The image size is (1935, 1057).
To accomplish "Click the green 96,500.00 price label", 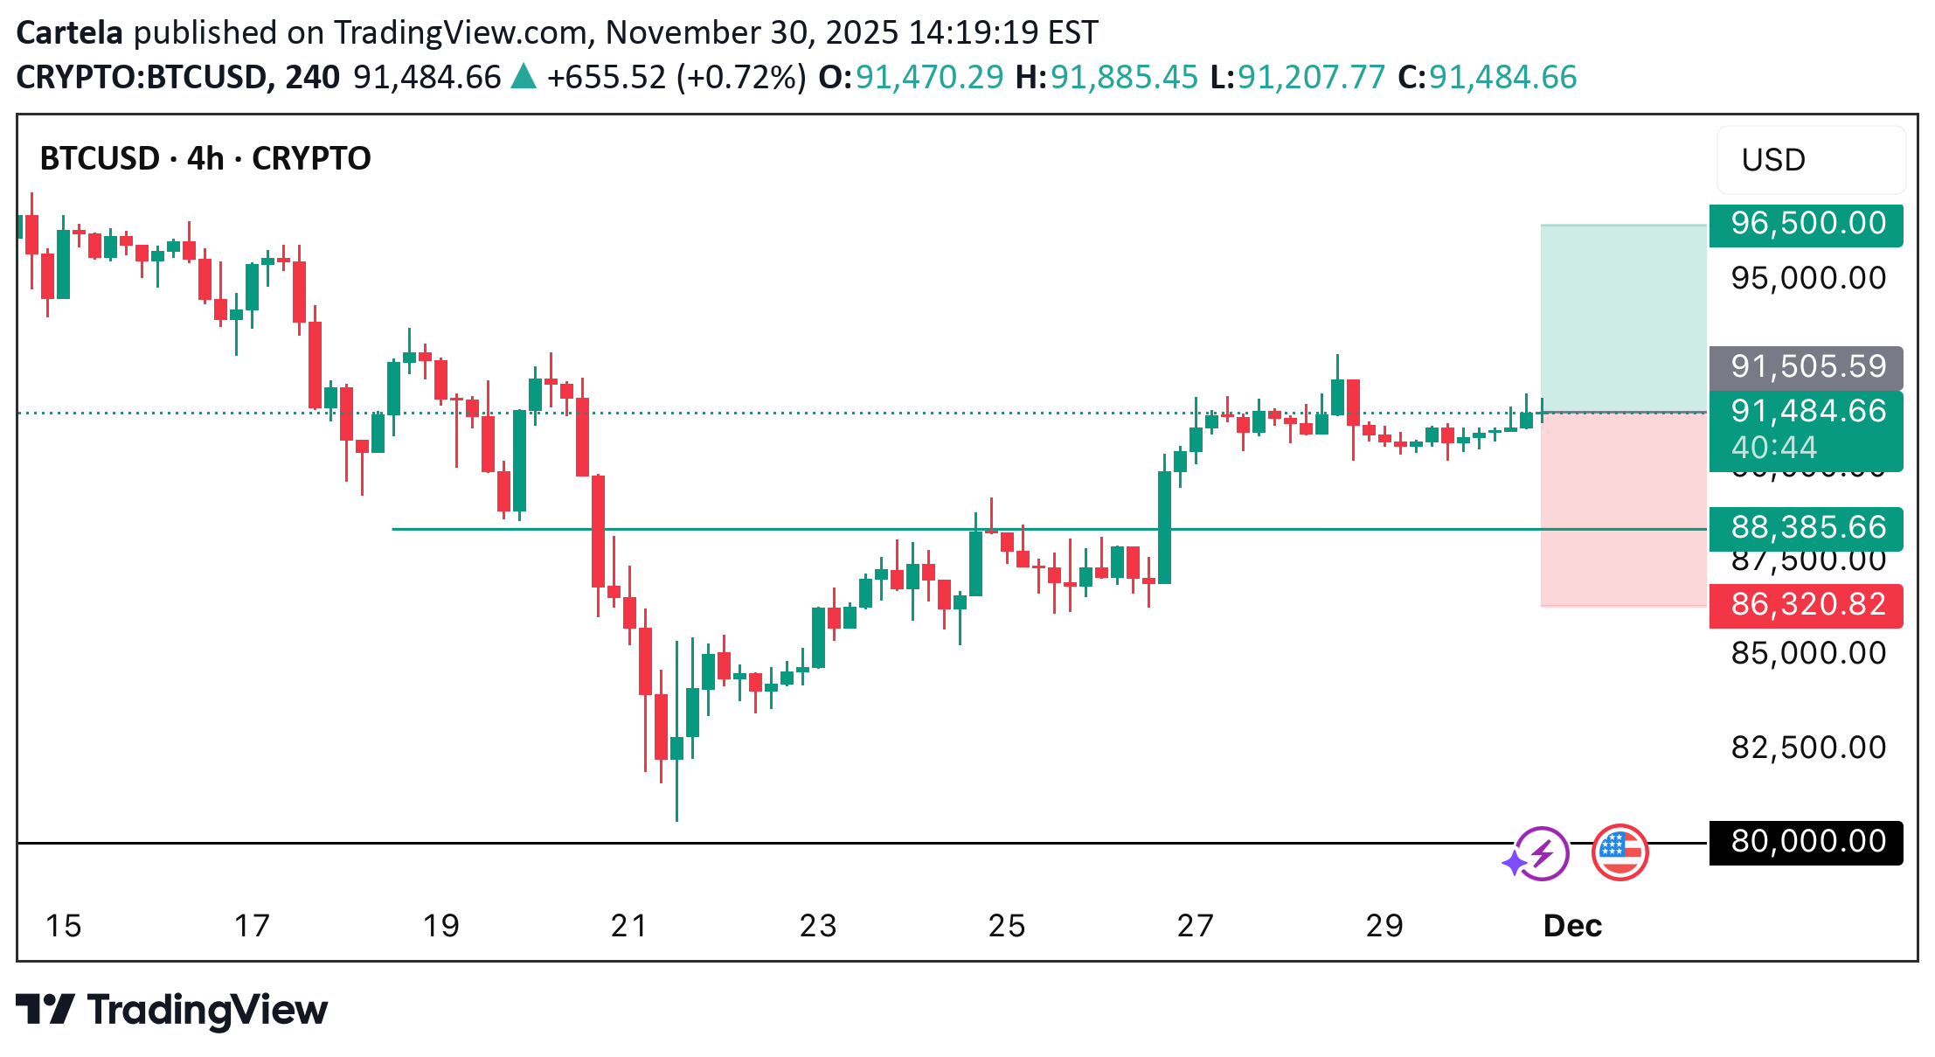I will (x=1807, y=224).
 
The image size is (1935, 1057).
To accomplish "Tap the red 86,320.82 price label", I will (x=1807, y=605).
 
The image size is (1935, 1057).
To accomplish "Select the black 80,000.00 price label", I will (x=1807, y=842).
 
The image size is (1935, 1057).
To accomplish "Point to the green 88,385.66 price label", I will (x=1807, y=528).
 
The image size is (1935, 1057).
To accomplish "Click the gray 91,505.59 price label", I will (x=1807, y=367).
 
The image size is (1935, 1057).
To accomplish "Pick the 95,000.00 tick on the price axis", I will (x=1808, y=279).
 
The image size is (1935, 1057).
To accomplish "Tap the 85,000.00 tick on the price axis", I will (x=1808, y=654).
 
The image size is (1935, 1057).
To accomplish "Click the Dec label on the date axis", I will (x=1572, y=926).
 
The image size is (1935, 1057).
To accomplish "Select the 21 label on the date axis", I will (x=629, y=926).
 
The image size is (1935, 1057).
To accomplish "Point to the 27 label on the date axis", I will (x=1195, y=926).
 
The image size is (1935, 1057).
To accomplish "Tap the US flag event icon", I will (x=1619, y=852).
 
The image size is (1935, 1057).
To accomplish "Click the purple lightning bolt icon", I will (x=1541, y=852).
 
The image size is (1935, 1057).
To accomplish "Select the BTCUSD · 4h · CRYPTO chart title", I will (x=205, y=159).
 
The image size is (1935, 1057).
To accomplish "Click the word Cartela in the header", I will (x=69, y=33).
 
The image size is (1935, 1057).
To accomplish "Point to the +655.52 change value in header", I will (x=606, y=78).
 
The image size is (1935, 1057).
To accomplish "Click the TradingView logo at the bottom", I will (x=172, y=1011).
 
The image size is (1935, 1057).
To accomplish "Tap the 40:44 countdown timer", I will (x=1774, y=449).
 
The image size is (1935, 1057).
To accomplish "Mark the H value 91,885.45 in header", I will (x=1123, y=78).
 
